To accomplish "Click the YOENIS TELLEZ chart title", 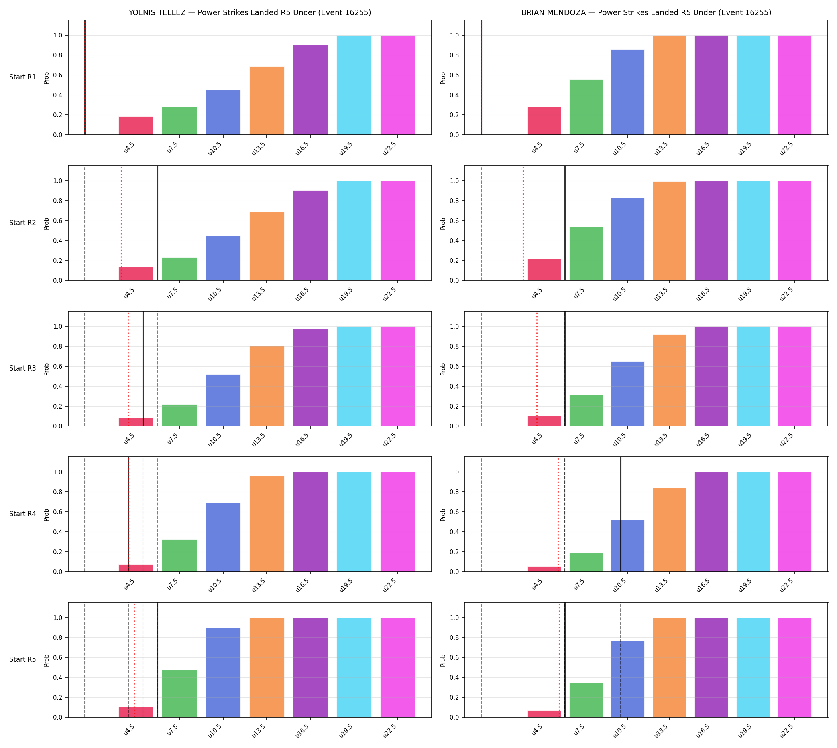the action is click(250, 13).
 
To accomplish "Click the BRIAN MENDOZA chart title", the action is click(646, 13).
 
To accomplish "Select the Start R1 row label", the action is click(23, 77).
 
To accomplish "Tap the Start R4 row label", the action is click(23, 514).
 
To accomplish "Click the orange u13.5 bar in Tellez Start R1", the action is click(267, 101).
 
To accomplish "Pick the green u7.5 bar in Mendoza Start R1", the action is click(586, 107).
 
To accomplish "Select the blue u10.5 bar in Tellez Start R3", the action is click(223, 400).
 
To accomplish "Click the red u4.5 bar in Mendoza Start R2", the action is click(544, 270).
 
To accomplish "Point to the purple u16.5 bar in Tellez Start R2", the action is click(310, 235).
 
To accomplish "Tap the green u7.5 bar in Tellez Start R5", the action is click(179, 694).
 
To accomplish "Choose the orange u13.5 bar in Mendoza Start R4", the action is click(670, 530).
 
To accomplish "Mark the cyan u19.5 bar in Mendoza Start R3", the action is click(753, 377).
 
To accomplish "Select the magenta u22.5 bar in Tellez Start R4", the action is click(397, 522).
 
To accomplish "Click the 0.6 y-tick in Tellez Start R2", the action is click(58, 221).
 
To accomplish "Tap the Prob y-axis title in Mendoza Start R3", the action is click(443, 369).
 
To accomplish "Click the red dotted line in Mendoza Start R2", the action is click(523, 223).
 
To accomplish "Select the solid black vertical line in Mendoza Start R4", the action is click(621, 515).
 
